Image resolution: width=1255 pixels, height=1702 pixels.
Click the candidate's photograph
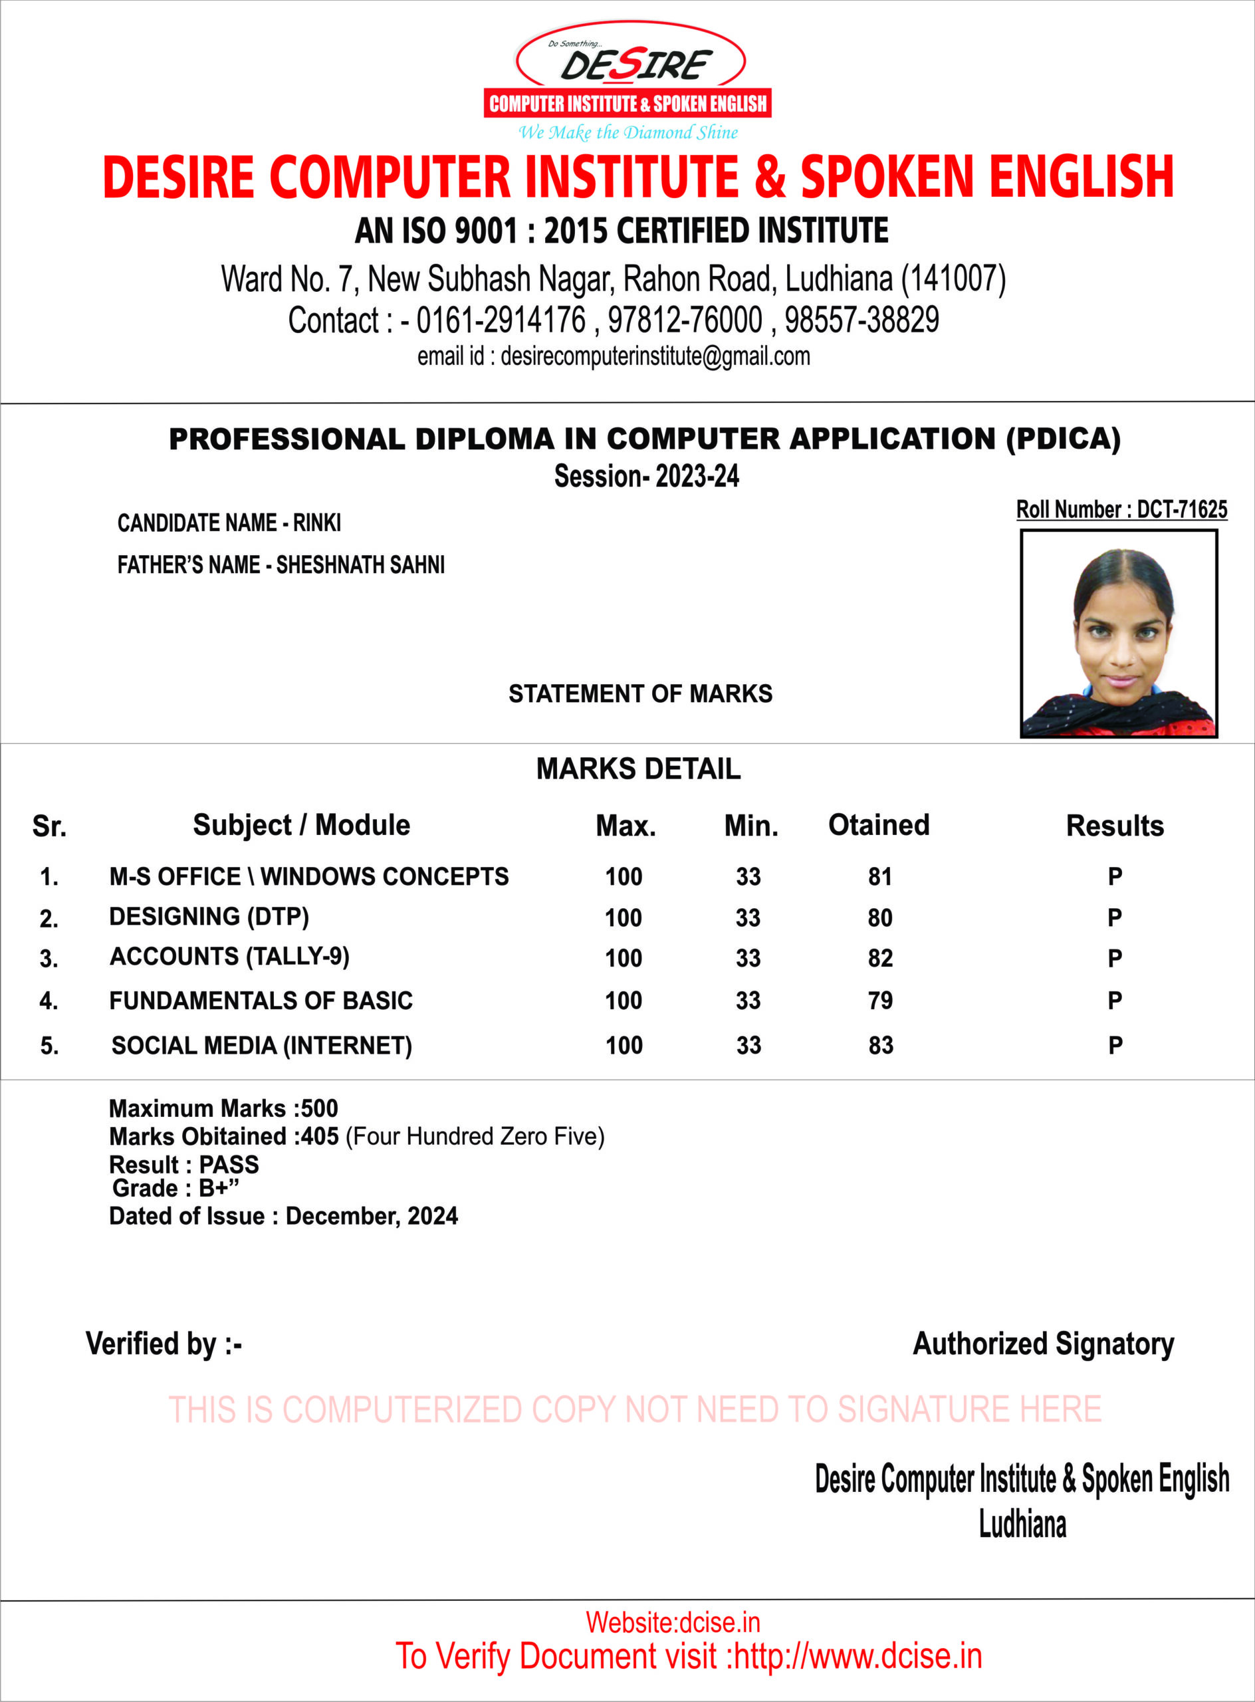(x=1118, y=634)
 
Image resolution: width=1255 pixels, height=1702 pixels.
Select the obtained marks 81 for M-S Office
(x=879, y=877)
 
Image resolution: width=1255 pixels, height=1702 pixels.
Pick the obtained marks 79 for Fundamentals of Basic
(x=879, y=1001)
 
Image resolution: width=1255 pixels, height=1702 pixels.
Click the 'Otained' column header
(x=878, y=825)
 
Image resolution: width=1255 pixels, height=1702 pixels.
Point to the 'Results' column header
(x=1115, y=826)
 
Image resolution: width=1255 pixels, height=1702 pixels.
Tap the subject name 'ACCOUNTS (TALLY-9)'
(x=229, y=957)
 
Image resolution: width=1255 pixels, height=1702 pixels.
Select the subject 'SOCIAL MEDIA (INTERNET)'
(x=261, y=1046)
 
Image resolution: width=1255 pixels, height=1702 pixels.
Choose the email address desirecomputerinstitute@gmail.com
(x=655, y=356)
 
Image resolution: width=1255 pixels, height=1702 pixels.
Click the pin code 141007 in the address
(x=953, y=279)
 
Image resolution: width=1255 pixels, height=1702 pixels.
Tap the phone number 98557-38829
(x=861, y=320)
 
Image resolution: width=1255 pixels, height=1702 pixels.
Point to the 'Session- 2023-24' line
(x=647, y=477)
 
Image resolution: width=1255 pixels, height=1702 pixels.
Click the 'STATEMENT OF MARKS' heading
(x=640, y=693)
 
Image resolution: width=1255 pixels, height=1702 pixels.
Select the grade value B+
(x=215, y=1188)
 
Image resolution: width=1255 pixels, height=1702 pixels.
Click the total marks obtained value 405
(x=320, y=1137)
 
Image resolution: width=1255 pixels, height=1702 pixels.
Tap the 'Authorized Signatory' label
(x=1043, y=1344)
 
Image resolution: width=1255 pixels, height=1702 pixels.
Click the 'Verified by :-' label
(x=164, y=1344)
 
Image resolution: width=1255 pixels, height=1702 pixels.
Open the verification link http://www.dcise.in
(x=857, y=1655)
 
